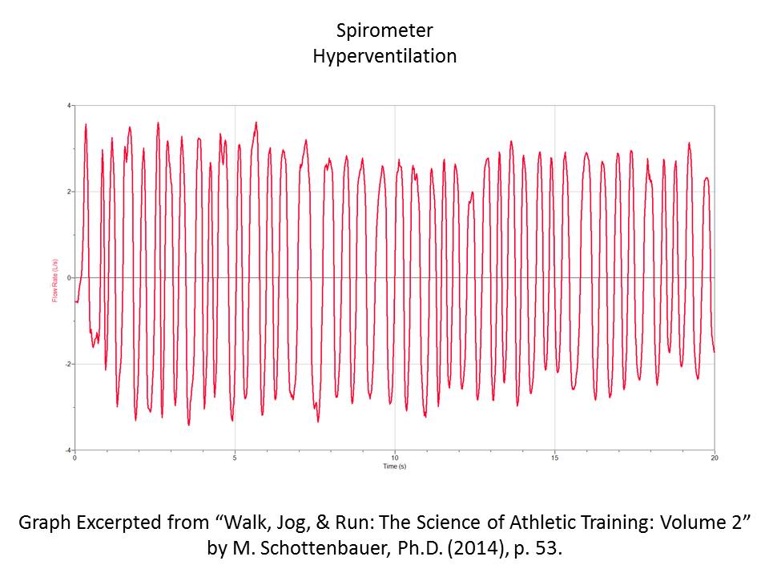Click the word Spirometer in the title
[x=384, y=31]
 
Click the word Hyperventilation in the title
[x=384, y=57]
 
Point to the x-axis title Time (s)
[x=394, y=466]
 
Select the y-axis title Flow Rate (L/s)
[x=55, y=278]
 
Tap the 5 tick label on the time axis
[x=235, y=458]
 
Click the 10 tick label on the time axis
[x=394, y=458]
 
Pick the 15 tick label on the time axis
[x=554, y=458]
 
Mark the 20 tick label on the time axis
[x=713, y=458]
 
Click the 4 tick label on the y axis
[x=70, y=106]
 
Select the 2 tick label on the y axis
[x=70, y=192]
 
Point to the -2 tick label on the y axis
[x=69, y=364]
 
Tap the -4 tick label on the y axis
[x=69, y=450]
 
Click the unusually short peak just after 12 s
[x=472, y=193]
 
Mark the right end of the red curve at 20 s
[x=714, y=351]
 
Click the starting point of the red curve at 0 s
[x=75, y=301]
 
